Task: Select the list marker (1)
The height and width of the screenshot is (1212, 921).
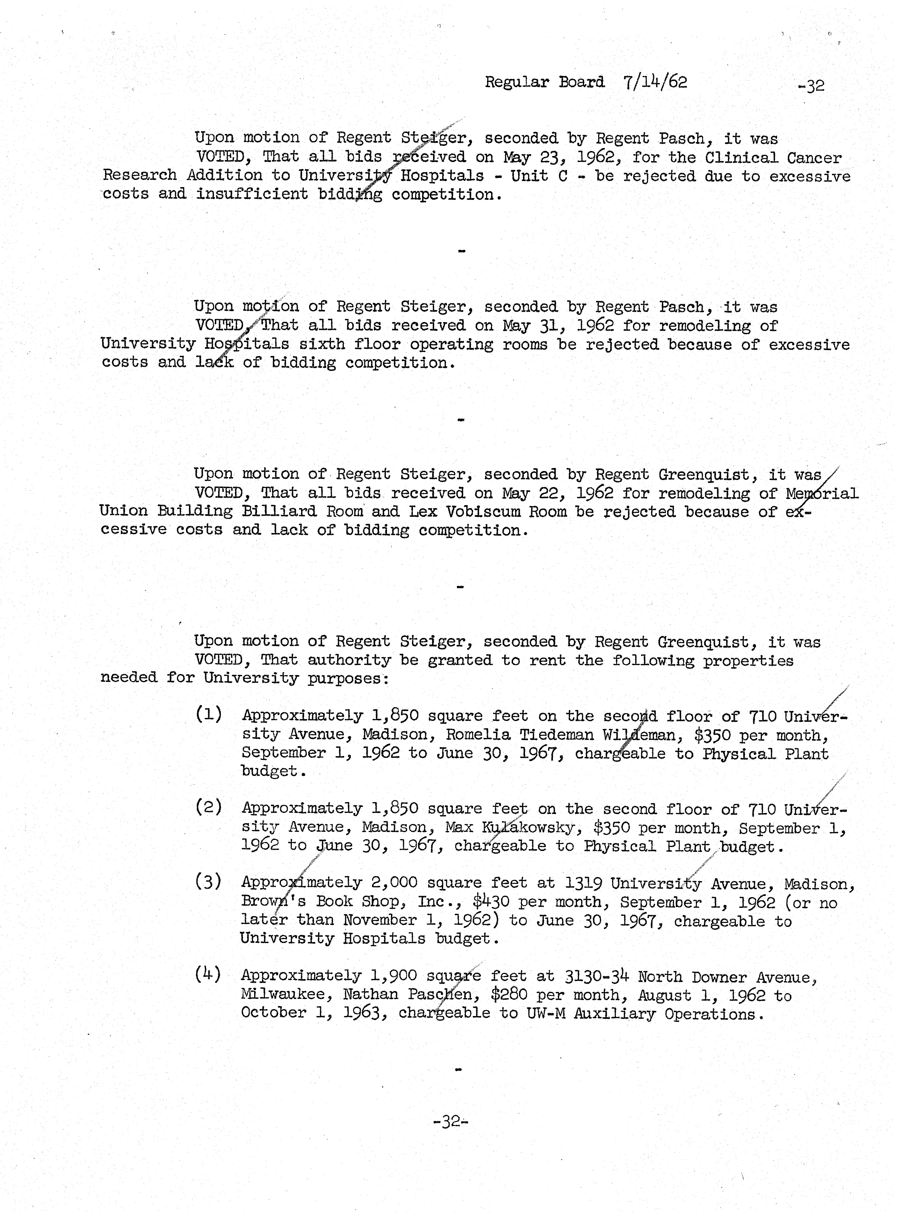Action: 208,715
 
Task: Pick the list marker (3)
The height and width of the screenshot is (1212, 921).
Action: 208,882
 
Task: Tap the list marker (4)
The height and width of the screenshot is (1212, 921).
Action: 208,974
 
